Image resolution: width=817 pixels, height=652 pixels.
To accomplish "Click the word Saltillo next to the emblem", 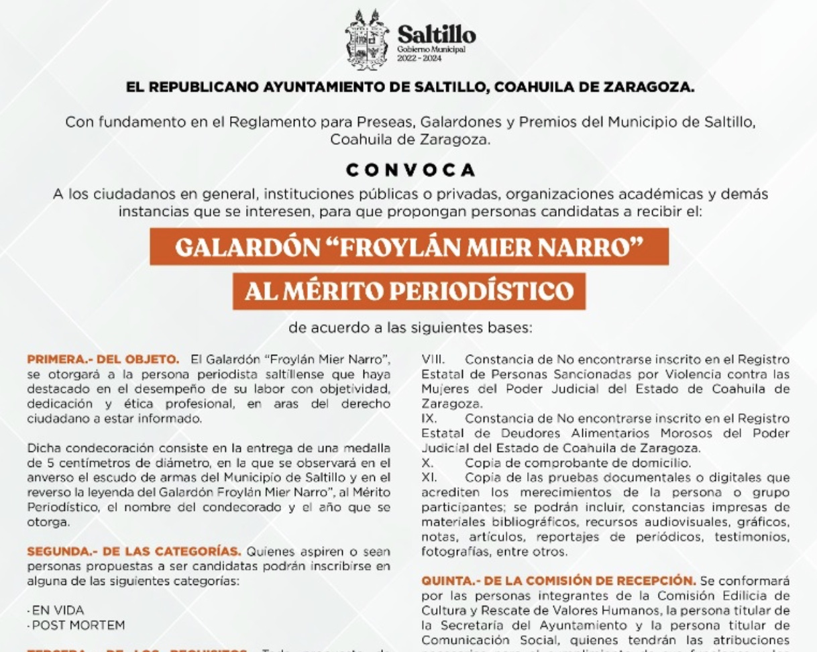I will pyautogui.click(x=436, y=34).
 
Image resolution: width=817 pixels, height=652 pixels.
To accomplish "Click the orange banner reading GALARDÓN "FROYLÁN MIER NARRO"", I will pyautogui.click(x=408, y=247).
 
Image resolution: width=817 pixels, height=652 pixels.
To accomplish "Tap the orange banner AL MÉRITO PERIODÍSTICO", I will pyautogui.click(x=409, y=291).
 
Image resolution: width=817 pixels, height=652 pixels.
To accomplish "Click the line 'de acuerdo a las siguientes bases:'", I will pyautogui.click(x=409, y=329).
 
